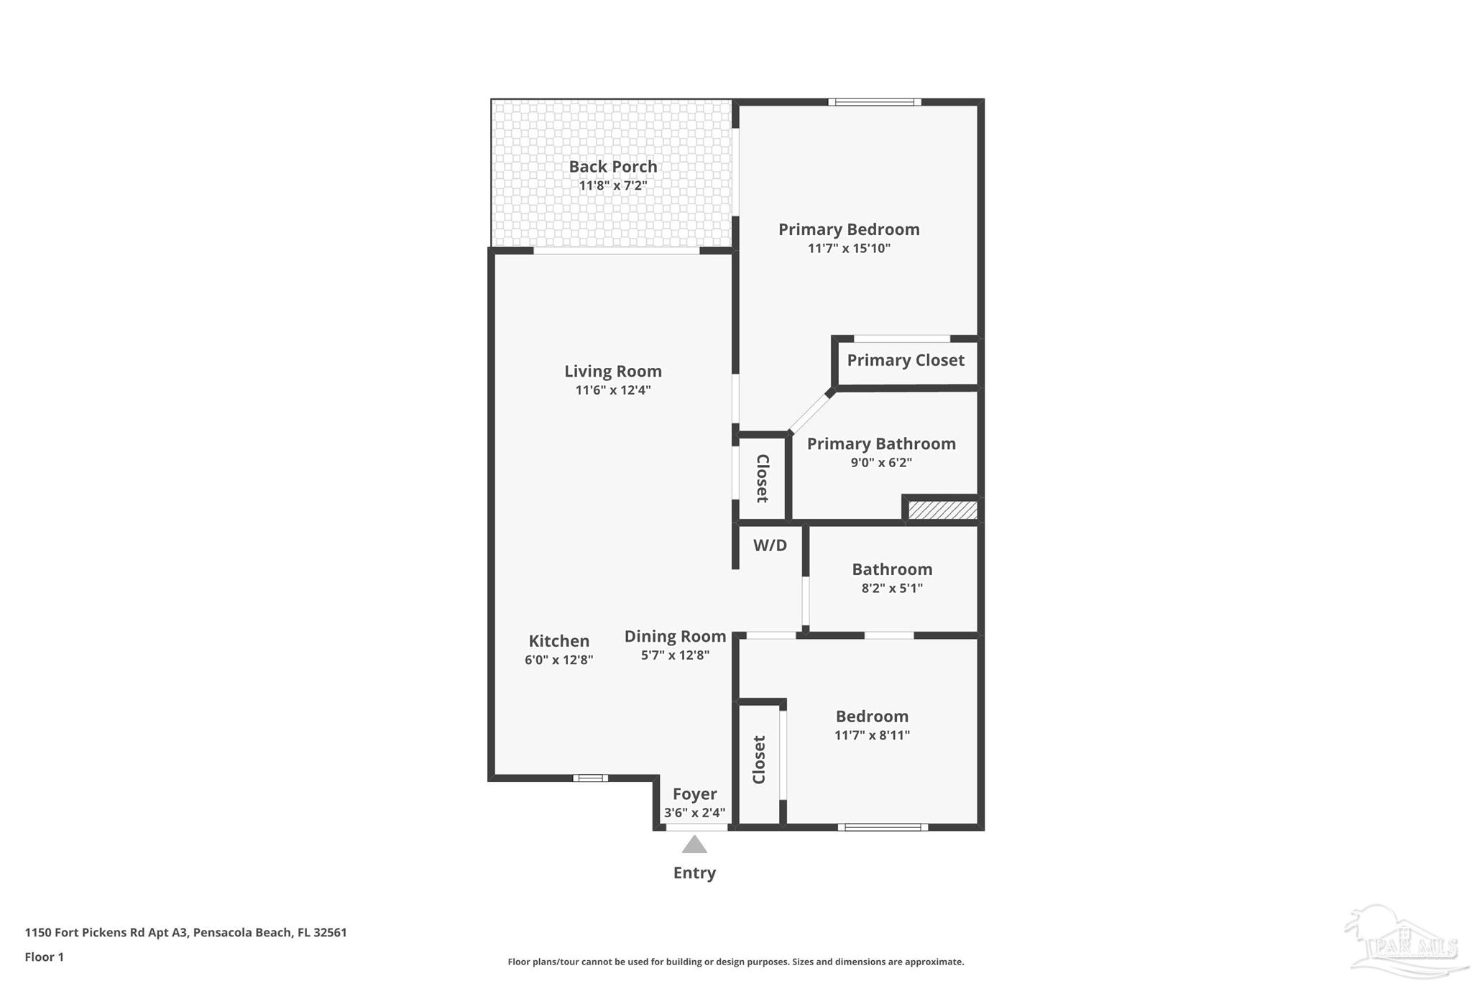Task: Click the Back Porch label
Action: [612, 167]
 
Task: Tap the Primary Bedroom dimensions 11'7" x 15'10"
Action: [849, 249]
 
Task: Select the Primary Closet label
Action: [905, 360]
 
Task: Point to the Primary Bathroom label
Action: [881, 443]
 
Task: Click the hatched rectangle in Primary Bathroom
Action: [942, 510]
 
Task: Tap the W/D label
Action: [770, 545]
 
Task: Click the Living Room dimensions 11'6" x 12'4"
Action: [612, 390]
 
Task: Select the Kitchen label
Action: [558, 641]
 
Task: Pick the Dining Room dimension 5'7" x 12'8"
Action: [675, 655]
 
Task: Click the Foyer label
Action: [694, 794]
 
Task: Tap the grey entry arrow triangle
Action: [694, 845]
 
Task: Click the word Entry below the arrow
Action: [694, 873]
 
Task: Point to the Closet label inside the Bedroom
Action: [759, 760]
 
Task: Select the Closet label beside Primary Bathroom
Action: [763, 479]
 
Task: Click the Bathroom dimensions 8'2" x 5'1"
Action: [892, 589]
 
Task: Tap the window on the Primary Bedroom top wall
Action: [875, 102]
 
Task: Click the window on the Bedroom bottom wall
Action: [883, 827]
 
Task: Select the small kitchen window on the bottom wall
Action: [590, 778]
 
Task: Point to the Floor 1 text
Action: [45, 957]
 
